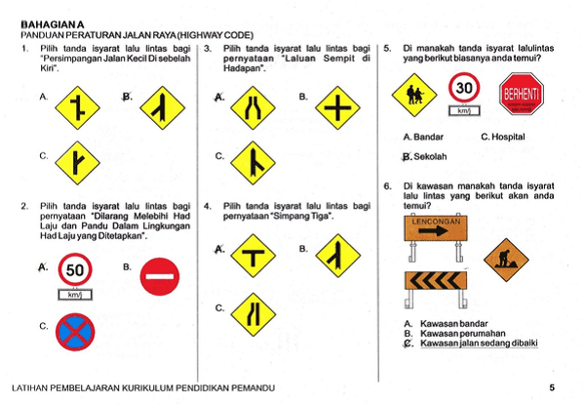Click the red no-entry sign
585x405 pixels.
[159, 278]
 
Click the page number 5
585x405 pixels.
[553, 387]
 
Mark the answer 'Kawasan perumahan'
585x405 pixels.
[458, 333]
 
